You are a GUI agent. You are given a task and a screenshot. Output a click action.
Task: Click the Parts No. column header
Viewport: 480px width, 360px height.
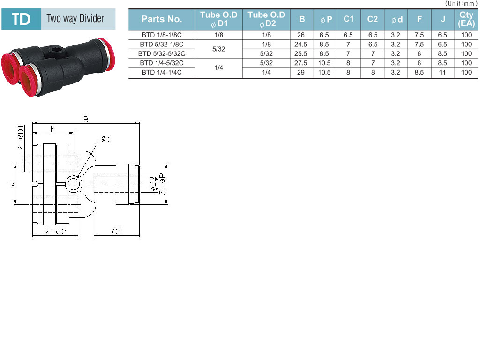click(x=162, y=19)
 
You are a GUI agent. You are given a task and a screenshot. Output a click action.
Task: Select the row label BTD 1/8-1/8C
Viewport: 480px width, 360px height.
click(x=162, y=35)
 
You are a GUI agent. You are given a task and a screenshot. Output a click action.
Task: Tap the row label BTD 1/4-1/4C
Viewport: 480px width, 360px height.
click(x=162, y=73)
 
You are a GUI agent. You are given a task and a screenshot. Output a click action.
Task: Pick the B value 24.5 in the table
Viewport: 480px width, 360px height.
click(x=300, y=45)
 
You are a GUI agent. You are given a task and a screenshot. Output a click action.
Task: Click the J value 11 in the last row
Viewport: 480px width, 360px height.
click(x=442, y=73)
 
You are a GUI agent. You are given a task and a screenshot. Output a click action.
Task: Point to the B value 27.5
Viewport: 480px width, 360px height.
click(x=300, y=63)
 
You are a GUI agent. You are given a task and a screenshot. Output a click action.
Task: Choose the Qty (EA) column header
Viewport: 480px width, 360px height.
click(x=466, y=19)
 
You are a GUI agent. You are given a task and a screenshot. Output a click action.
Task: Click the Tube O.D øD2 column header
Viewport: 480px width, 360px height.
click(x=266, y=19)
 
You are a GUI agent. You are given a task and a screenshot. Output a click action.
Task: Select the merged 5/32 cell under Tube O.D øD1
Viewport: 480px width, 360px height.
click(x=218, y=49)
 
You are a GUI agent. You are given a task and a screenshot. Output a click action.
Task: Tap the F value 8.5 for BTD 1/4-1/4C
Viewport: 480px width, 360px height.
click(x=419, y=73)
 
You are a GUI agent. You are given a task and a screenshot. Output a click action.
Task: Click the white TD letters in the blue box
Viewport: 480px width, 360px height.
click(x=21, y=19)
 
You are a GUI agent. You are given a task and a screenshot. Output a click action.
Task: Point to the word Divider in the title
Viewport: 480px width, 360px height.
click(x=92, y=18)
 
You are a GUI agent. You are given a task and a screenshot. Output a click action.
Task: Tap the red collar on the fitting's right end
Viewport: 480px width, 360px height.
click(x=107, y=54)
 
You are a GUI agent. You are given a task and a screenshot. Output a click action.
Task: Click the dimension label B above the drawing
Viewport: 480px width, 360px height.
click(x=86, y=119)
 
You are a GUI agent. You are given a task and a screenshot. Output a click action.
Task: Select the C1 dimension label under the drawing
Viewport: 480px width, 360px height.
click(x=117, y=232)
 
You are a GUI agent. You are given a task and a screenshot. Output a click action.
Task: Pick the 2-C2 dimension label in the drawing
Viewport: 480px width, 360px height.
click(x=55, y=232)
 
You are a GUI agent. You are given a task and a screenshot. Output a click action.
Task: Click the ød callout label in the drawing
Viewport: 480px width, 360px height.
click(x=106, y=139)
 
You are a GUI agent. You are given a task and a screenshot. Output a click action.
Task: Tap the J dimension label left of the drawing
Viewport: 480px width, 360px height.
click(x=12, y=184)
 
